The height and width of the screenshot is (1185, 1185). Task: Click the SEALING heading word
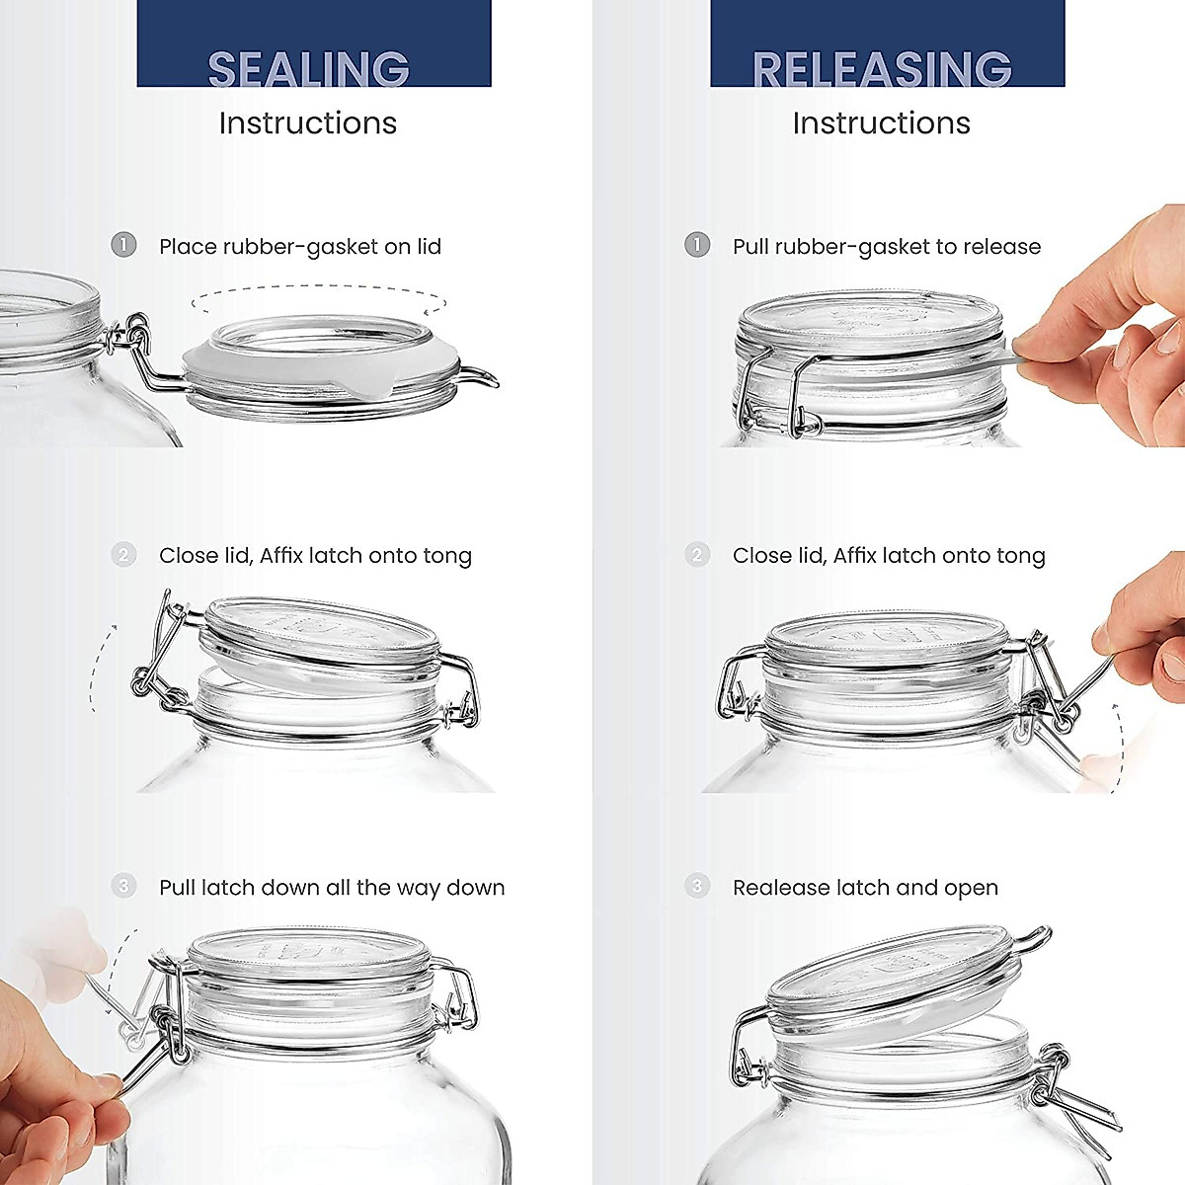pyautogui.click(x=308, y=69)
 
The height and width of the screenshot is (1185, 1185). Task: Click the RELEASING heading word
pyautogui.click(x=882, y=69)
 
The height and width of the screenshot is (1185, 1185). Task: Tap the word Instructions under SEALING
pyautogui.click(x=307, y=123)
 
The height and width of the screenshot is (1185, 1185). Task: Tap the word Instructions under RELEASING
pyautogui.click(x=881, y=123)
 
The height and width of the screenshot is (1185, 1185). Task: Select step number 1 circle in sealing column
pyautogui.click(x=123, y=245)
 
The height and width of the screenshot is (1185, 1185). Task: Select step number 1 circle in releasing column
pyautogui.click(x=697, y=245)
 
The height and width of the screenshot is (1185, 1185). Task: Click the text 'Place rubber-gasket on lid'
pyautogui.click(x=300, y=247)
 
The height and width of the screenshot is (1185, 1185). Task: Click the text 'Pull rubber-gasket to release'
pyautogui.click(x=886, y=247)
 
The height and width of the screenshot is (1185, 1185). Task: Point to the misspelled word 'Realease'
pyautogui.click(x=775, y=888)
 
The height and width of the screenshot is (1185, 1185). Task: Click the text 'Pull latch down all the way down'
pyautogui.click(x=332, y=888)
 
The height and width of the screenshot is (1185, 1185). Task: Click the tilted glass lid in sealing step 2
pyautogui.click(x=321, y=632)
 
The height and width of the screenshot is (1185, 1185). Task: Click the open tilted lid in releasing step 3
pyautogui.click(x=894, y=978)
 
